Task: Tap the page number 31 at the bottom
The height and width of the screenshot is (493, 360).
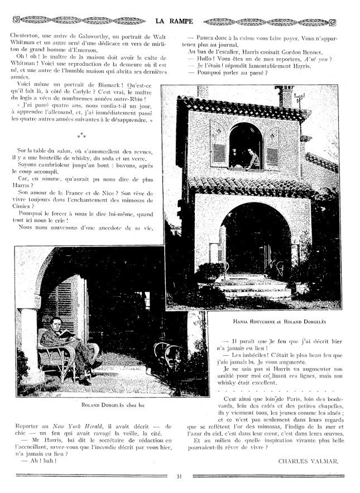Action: tap(179, 476)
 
